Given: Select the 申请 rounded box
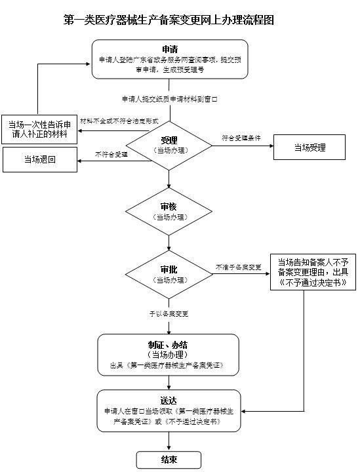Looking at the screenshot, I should pos(169,59).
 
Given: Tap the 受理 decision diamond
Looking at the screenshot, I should pos(169,145).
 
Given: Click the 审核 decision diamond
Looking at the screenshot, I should pos(169,211).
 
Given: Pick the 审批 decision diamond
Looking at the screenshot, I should pos(169,274).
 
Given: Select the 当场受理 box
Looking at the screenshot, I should pos(309,147).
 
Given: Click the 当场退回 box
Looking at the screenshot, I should pos(40,159).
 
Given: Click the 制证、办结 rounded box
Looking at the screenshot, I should pos(169,353).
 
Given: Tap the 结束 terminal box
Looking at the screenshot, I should pos(169,459).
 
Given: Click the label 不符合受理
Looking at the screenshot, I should pos(111,154).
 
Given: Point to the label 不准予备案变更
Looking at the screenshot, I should pos(239,267).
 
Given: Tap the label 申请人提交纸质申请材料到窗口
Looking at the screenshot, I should pos(169,99).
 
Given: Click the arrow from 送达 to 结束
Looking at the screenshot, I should pos(169,441).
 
